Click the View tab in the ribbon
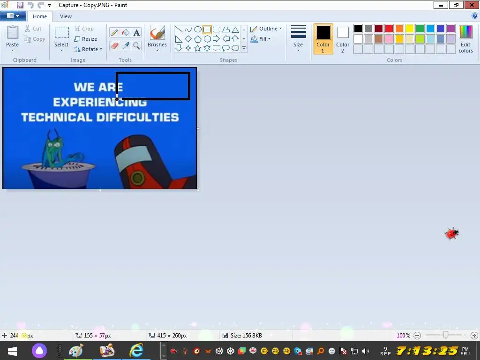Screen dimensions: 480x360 [x=66, y=16]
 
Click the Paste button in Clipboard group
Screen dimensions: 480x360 [x=13, y=38]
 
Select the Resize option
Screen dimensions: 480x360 [x=86, y=39]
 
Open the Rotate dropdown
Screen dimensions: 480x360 [x=88, y=49]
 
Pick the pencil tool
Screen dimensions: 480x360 [x=114, y=32]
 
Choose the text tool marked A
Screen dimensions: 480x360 [x=136, y=32]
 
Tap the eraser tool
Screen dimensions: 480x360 [x=114, y=46]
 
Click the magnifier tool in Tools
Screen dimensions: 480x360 [x=136, y=46]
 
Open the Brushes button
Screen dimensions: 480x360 [x=157, y=38]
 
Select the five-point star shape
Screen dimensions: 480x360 [x=198, y=48]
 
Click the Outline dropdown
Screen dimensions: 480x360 [x=266, y=29]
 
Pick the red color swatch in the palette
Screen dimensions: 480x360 [x=389, y=29]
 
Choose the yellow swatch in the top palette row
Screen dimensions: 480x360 [x=410, y=29]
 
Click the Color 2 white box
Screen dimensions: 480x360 [x=343, y=32]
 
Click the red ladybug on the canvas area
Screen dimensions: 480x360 [x=451, y=233]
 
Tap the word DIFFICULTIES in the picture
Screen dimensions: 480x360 [x=138, y=117]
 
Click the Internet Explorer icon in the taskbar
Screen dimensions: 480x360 [x=136, y=350]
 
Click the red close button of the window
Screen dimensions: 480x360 [x=472, y=5]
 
